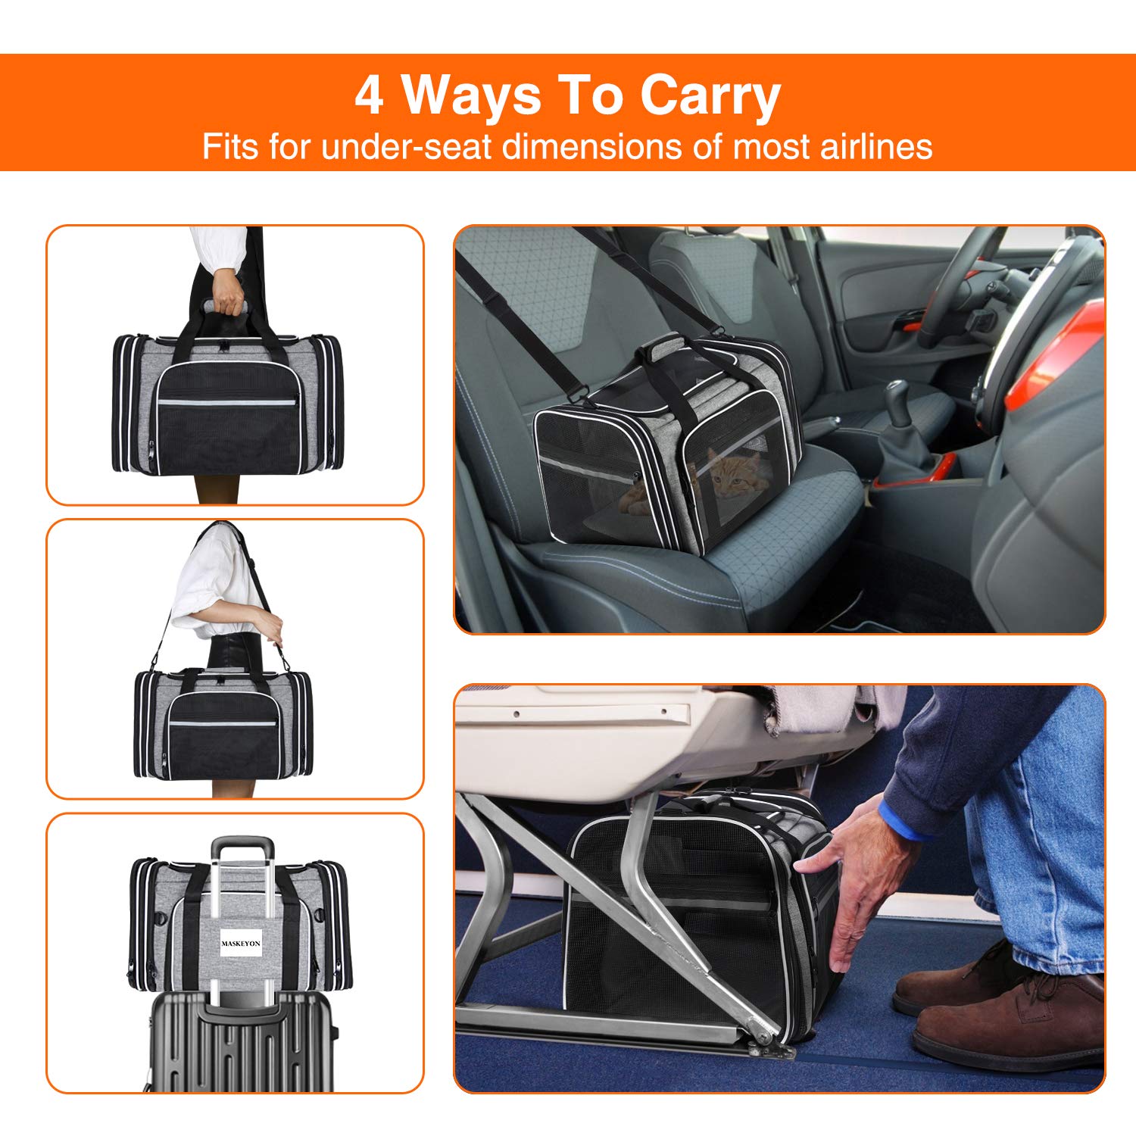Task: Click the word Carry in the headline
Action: point(710,96)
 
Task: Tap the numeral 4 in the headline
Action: point(369,96)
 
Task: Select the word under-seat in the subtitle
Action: point(407,146)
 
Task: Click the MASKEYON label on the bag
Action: point(241,943)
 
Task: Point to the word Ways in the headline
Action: point(471,96)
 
